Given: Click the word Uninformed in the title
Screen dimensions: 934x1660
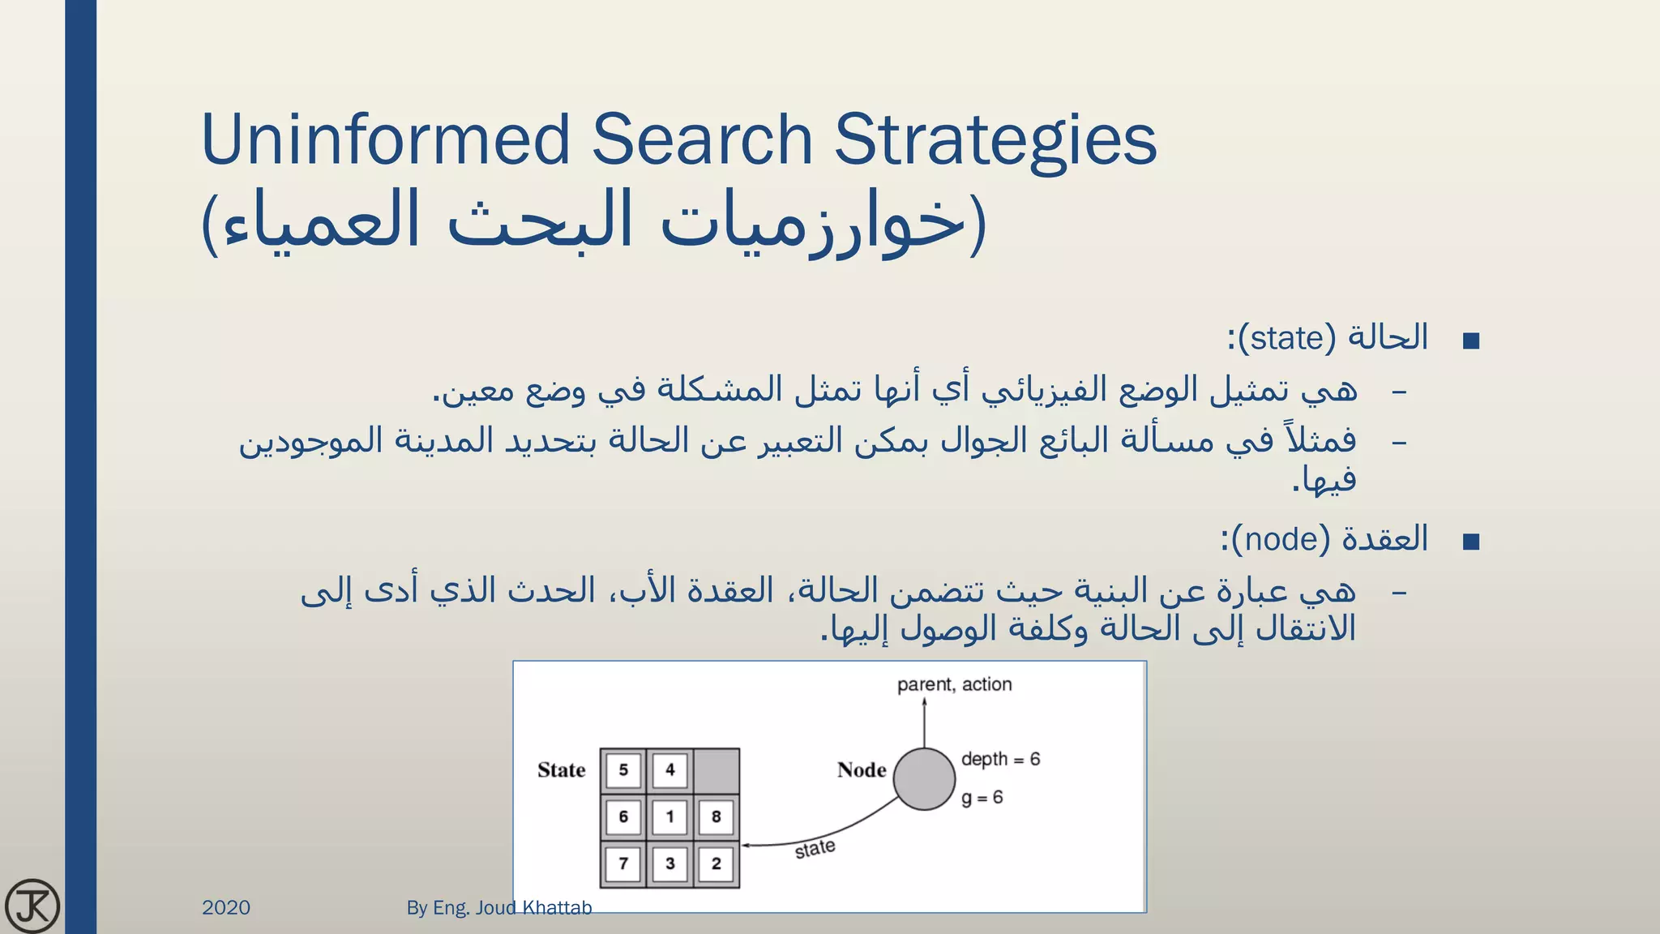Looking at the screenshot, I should point(386,139).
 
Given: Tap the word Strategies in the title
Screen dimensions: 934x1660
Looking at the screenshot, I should point(995,139).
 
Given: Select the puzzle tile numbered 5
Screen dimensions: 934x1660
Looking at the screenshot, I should point(623,769).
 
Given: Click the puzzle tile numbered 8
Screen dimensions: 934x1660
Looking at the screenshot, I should point(717,816).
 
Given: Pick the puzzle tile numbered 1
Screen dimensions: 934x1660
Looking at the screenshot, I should point(670,816).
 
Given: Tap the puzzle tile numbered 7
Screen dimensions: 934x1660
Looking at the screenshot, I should point(623,863).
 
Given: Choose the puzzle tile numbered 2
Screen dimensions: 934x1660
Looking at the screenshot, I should point(717,863).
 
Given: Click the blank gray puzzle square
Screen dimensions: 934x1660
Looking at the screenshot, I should point(717,770).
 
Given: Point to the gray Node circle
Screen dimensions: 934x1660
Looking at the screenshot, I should point(924,779).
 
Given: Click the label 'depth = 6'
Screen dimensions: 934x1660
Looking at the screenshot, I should point(1000,760).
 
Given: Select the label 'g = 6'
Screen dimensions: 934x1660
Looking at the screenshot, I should point(982,798).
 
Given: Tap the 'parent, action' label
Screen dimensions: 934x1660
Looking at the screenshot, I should point(954,684).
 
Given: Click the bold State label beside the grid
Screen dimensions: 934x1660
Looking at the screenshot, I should point(561,770).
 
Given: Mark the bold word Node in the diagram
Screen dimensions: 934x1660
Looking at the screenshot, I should point(862,770).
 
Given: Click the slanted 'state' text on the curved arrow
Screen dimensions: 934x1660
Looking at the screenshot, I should point(815,849).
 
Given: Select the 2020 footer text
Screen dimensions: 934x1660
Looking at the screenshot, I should point(226,907).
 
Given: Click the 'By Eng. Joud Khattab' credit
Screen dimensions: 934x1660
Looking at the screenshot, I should point(498,907).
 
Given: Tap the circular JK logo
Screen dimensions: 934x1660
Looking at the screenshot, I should point(32,906).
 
